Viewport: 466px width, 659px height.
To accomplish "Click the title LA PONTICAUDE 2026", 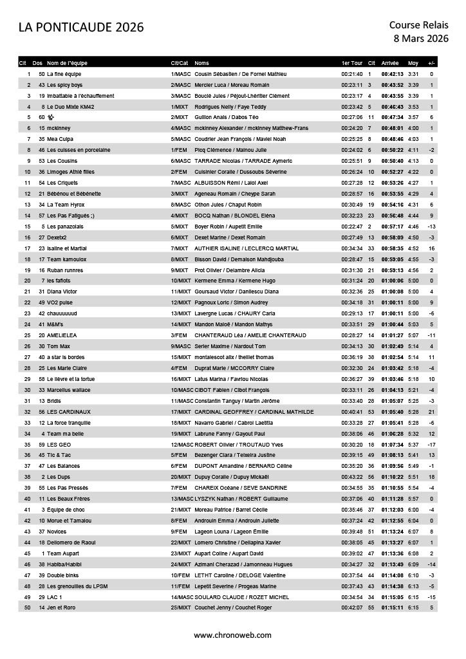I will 81,27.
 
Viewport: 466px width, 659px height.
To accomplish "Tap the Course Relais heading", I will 418,24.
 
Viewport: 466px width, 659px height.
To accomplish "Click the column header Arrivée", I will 390,63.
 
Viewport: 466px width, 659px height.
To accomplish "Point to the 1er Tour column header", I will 351,63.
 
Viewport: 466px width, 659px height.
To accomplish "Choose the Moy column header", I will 413,63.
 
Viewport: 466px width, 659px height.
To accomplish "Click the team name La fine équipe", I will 64,74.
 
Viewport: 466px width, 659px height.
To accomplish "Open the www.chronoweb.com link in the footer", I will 233,635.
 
